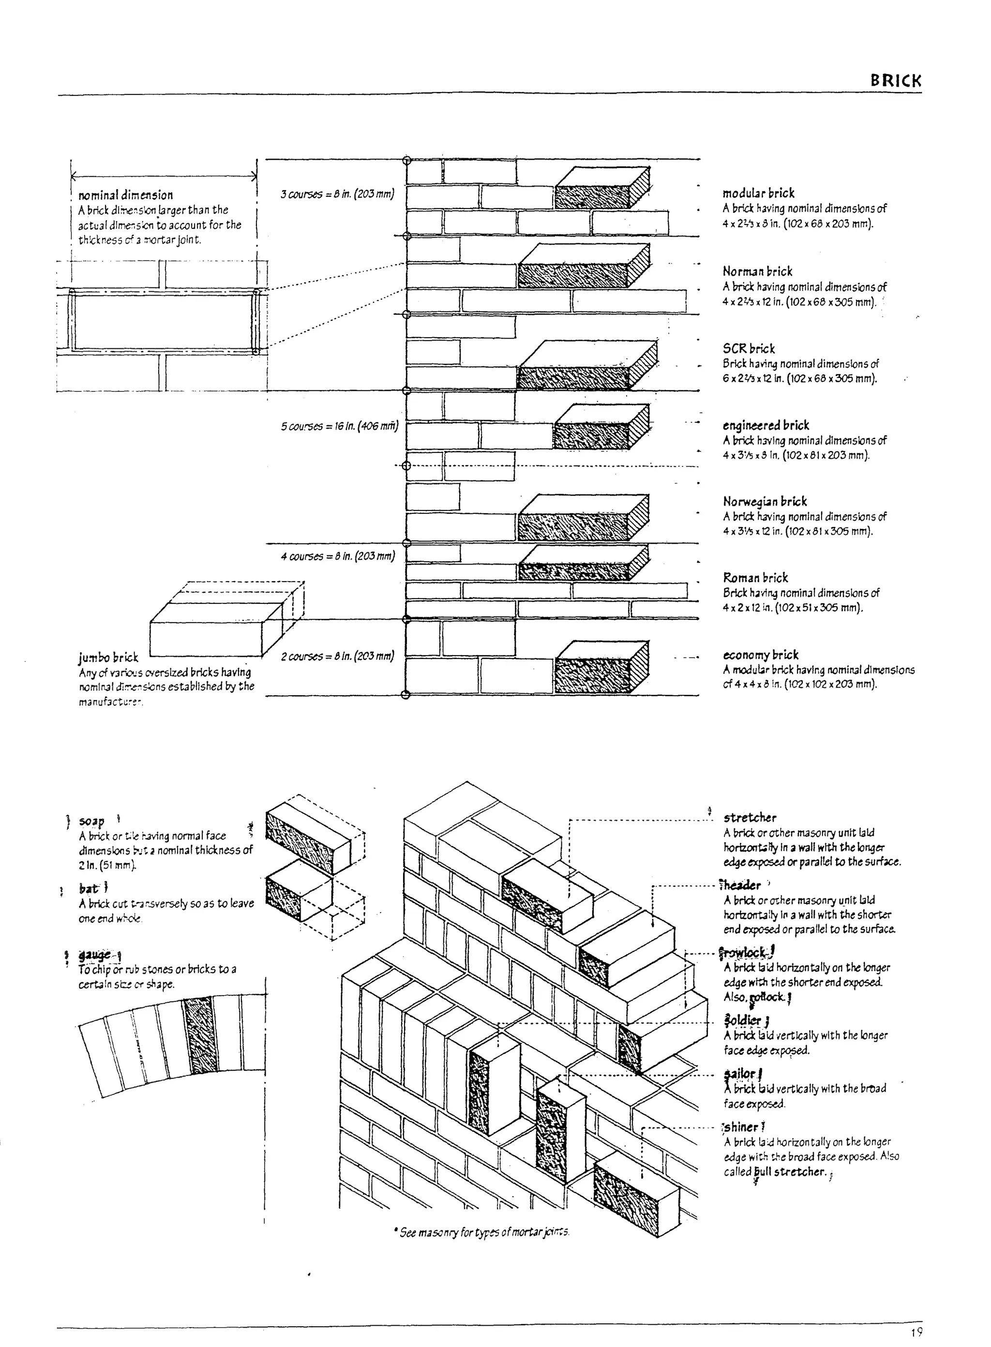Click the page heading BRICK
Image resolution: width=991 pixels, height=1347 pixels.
[x=896, y=81]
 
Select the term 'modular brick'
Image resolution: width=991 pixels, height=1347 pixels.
[x=758, y=193]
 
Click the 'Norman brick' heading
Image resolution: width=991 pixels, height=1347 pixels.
[x=757, y=271]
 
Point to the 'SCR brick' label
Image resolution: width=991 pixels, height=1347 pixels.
[x=749, y=348]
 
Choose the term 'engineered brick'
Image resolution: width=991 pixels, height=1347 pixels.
[x=766, y=425]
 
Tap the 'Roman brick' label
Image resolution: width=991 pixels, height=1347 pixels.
[x=755, y=578]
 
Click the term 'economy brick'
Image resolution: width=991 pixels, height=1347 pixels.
[x=761, y=654]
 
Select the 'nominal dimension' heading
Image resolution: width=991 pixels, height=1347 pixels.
[x=125, y=195]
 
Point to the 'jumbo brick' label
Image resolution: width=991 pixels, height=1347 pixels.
[x=108, y=658]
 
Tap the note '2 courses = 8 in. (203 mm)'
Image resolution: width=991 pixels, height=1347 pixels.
[x=338, y=656]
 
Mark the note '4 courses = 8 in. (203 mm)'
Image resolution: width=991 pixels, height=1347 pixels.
[x=338, y=556]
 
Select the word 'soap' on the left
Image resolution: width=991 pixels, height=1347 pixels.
[x=92, y=821]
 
